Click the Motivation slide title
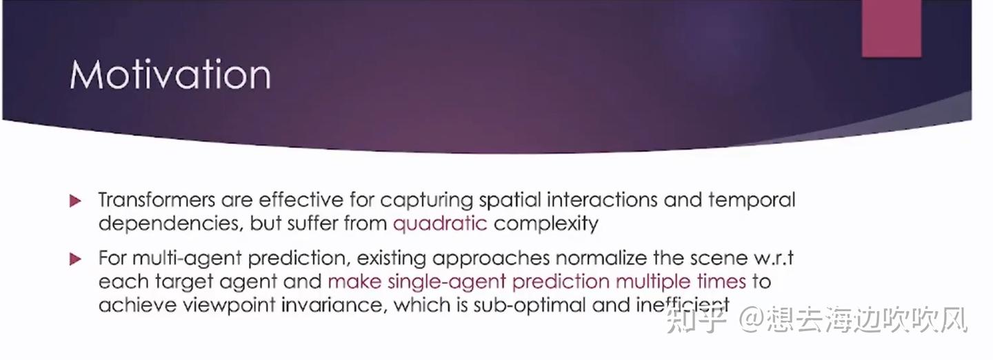click(170, 75)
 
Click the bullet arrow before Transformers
click(76, 201)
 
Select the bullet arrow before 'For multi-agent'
click(76, 259)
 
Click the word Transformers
click(157, 201)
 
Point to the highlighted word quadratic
click(440, 223)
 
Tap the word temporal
click(752, 201)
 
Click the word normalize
click(607, 259)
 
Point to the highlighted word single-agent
click(442, 282)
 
